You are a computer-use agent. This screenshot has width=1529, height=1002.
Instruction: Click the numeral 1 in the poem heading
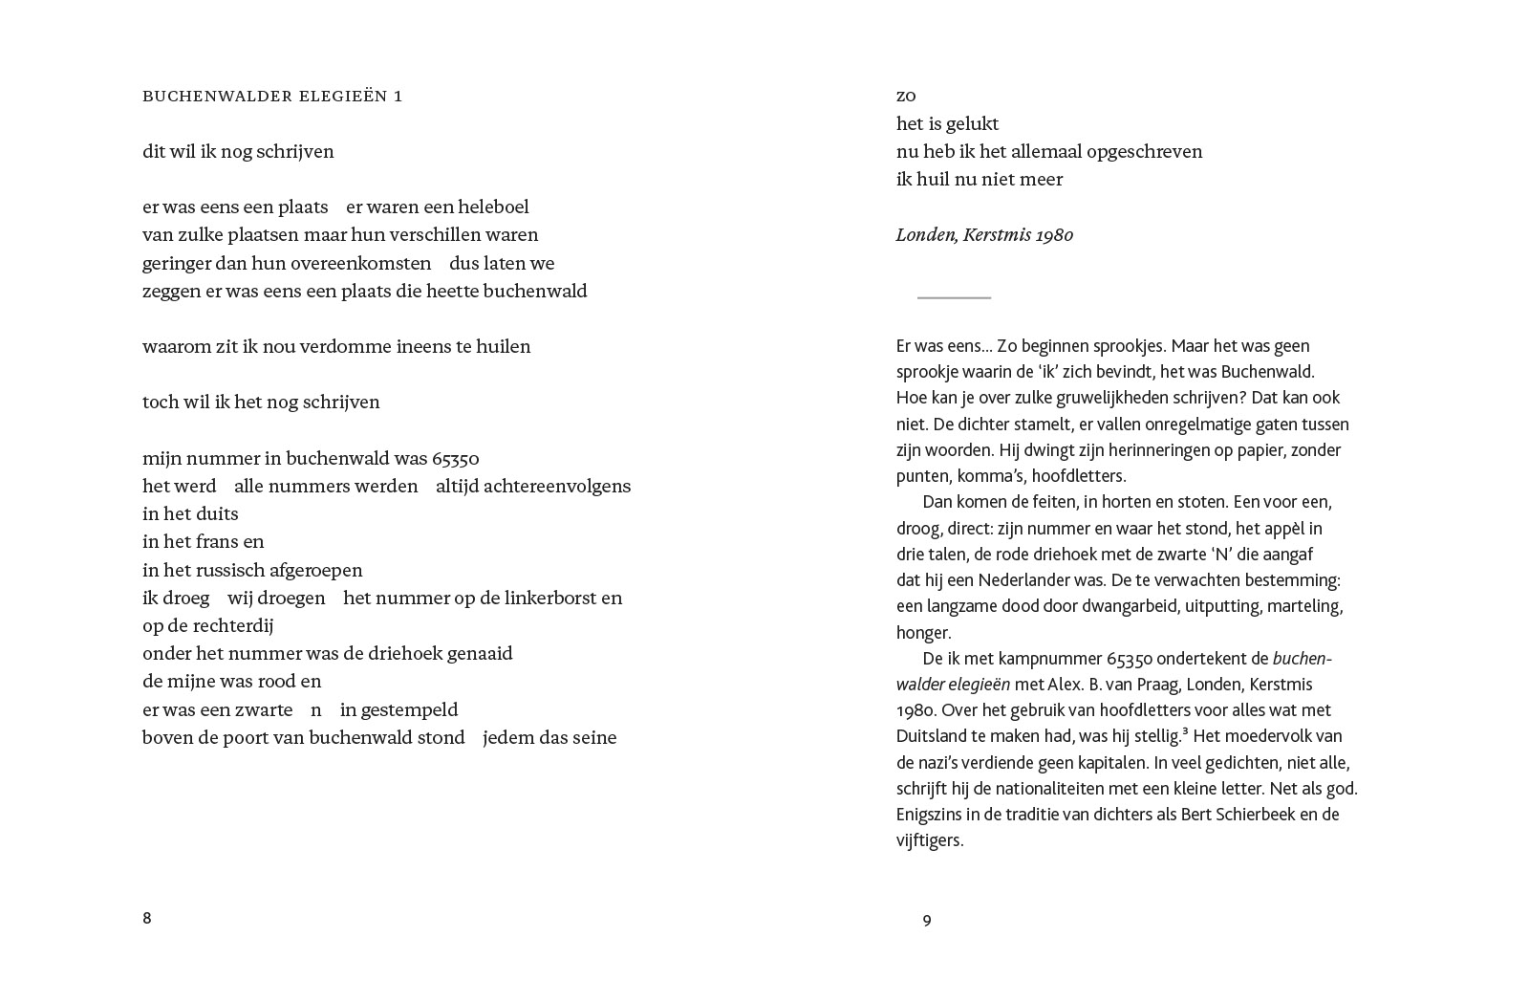click(x=398, y=96)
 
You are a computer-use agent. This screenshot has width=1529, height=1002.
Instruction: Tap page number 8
click(x=147, y=918)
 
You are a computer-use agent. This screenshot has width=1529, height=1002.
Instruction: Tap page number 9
click(x=927, y=920)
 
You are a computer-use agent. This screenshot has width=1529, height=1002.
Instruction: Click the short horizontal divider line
click(x=954, y=297)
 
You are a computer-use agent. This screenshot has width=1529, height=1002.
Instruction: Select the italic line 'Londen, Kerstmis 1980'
click(x=984, y=235)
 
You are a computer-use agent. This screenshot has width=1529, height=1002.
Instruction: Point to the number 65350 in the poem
click(x=456, y=458)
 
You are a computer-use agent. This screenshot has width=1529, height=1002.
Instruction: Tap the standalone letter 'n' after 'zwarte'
click(x=316, y=710)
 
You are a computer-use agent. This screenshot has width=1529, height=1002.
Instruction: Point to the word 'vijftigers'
click(x=929, y=840)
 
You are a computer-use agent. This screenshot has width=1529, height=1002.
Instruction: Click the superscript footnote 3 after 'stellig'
click(x=1185, y=732)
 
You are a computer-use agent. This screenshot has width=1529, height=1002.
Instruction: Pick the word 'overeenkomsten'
click(x=360, y=263)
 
